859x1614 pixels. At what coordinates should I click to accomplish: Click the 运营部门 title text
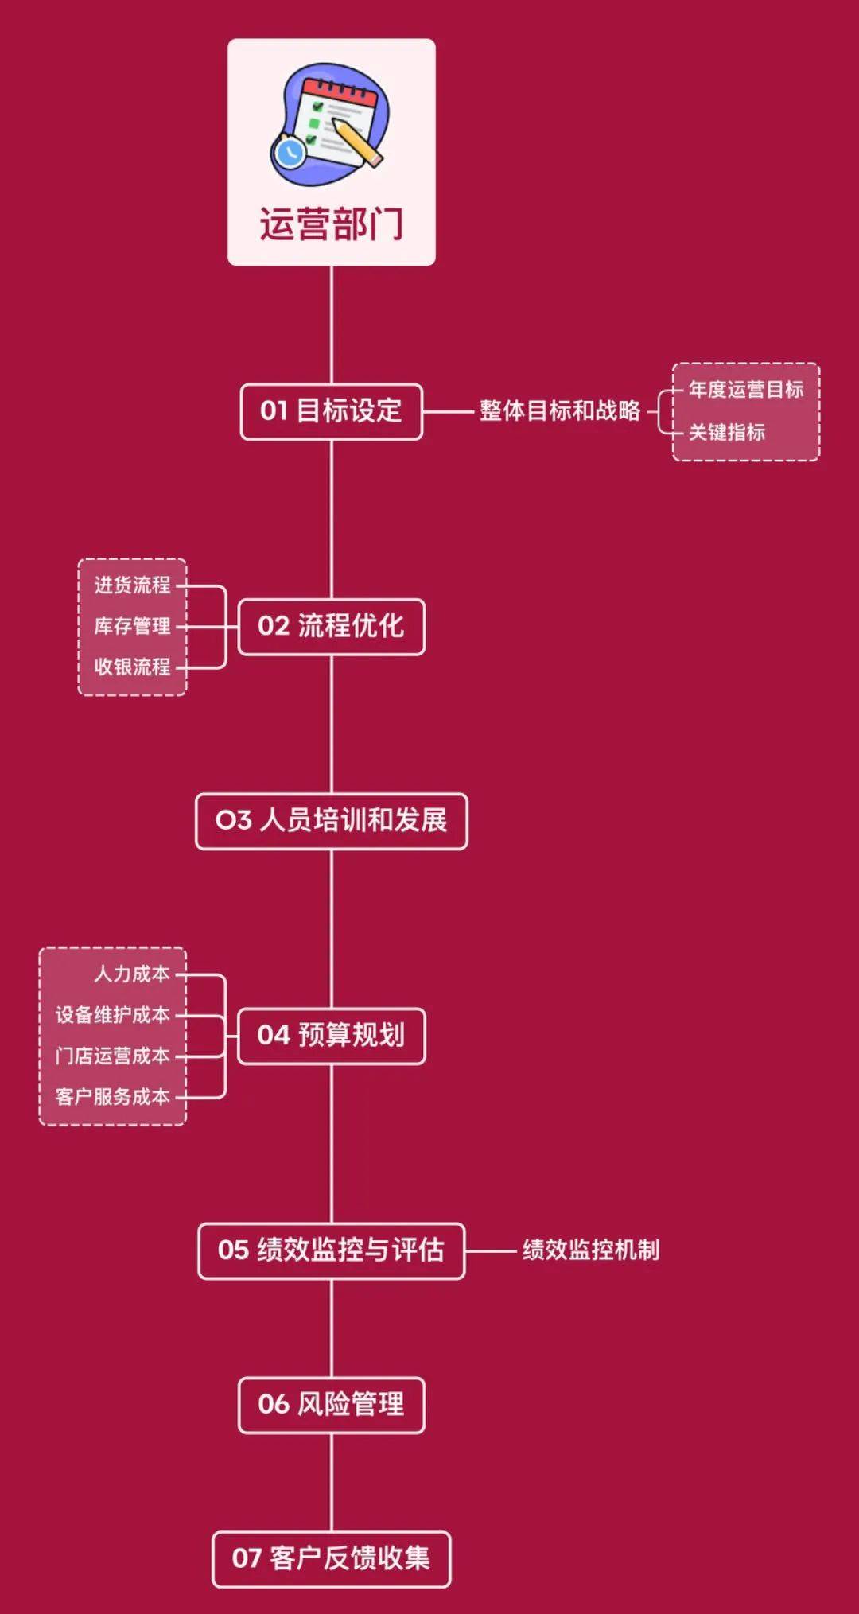click(x=331, y=224)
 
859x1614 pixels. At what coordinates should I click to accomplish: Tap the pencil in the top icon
click(x=357, y=142)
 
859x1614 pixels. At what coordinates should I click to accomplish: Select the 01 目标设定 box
click(x=331, y=411)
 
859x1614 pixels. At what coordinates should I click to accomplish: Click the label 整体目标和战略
click(x=559, y=411)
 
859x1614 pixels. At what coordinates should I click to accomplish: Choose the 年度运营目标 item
click(x=745, y=390)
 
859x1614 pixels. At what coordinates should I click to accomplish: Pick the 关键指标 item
click(x=726, y=433)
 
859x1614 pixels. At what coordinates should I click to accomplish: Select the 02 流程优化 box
click(x=331, y=627)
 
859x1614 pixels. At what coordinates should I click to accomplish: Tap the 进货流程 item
click(x=132, y=585)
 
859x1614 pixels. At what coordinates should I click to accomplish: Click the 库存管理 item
click(x=132, y=627)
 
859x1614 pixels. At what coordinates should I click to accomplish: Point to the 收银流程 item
click(x=132, y=667)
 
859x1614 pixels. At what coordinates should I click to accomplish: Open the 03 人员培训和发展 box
click(x=331, y=821)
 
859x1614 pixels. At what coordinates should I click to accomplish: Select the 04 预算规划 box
click(x=331, y=1036)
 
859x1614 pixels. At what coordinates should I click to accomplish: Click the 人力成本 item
click(x=132, y=974)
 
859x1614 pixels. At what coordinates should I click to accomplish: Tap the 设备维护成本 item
click(x=112, y=1016)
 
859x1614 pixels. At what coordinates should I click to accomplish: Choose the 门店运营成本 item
click(x=112, y=1056)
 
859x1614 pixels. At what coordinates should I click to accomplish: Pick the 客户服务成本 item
click(x=112, y=1098)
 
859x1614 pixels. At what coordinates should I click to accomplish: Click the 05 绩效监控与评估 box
click(x=331, y=1250)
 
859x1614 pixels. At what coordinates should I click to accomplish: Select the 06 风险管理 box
click(x=331, y=1405)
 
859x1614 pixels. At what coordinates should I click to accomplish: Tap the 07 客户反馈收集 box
click(x=331, y=1559)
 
